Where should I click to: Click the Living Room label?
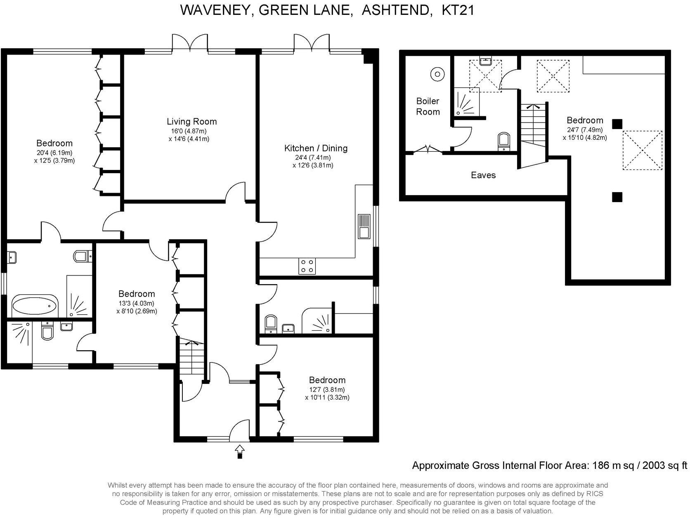191,122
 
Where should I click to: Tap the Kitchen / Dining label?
316,148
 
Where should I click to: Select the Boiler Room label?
428,106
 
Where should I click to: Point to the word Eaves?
483,175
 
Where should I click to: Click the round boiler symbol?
437,75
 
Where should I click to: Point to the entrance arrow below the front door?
239,452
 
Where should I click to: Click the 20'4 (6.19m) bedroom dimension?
54,153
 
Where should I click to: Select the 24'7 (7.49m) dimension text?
585,130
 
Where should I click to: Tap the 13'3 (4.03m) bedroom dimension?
136,304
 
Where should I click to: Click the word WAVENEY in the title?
217,10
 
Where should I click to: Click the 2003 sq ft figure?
664,466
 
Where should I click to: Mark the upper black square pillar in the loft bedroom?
617,124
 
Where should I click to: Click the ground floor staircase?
191,360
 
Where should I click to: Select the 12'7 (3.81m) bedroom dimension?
327,389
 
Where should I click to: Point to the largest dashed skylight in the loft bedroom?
642,150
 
